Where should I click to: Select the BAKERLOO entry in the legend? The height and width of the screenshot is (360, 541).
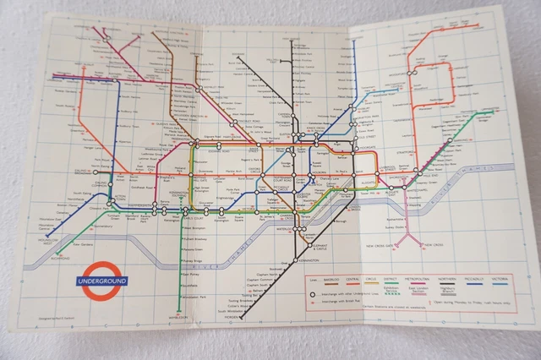coord(331,276)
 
